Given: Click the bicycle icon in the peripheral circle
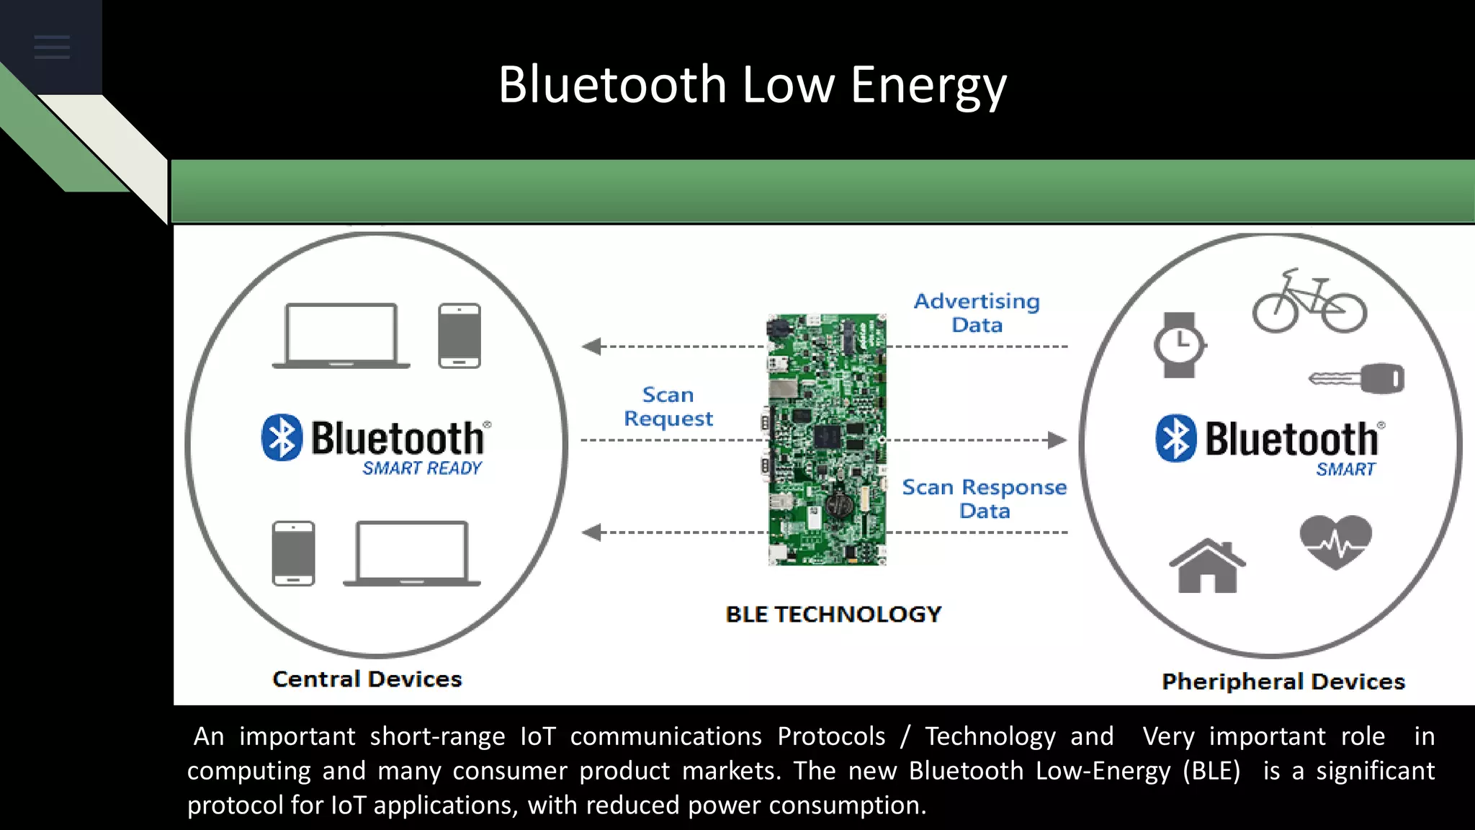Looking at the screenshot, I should tap(1309, 303).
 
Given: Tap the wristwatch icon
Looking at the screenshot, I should tap(1180, 345).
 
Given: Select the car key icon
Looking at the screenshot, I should tap(1357, 378).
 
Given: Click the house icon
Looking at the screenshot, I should tap(1207, 566).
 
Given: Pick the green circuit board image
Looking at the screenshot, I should tap(827, 439).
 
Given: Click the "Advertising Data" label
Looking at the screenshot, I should tap(977, 313).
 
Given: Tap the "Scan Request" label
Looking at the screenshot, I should tap(668, 406).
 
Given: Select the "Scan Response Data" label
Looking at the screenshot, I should tap(985, 499).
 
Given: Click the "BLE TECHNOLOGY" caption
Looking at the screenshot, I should tap(833, 614).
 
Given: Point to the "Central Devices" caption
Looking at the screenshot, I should tap(367, 679).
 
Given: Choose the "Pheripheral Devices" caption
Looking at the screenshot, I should tap(1283, 681).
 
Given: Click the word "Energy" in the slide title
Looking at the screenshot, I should tap(928, 85).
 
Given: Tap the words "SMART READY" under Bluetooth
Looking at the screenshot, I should tap(422, 468).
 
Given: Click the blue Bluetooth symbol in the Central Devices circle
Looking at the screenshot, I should tap(282, 437).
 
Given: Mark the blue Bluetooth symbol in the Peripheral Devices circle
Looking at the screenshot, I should tap(1176, 438).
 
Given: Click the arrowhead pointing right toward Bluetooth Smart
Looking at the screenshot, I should tap(1057, 439).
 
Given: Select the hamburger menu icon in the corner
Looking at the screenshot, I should tap(52, 48).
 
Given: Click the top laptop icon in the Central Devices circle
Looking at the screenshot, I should tap(341, 336).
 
